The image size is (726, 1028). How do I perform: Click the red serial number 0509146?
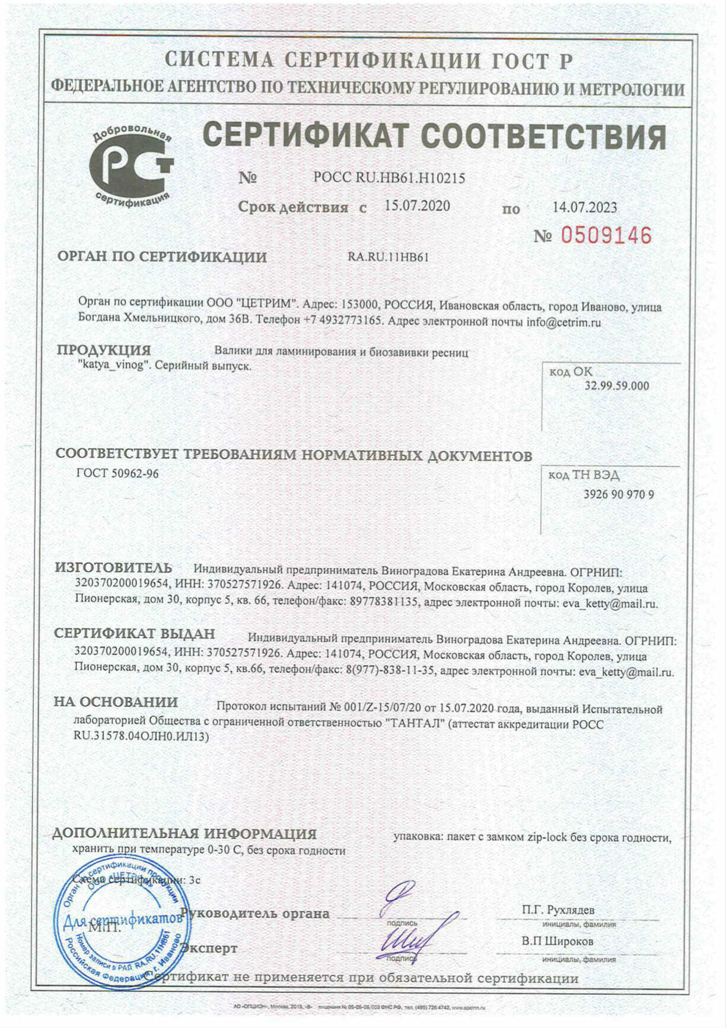pos(606,236)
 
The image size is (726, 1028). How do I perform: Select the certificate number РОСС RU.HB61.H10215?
pos(389,178)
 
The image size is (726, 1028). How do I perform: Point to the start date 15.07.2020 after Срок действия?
pos(417,206)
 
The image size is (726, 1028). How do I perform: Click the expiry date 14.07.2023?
pos(584,207)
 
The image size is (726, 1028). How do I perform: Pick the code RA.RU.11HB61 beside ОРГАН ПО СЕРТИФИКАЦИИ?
pos(388,257)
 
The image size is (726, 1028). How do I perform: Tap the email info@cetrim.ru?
pos(563,323)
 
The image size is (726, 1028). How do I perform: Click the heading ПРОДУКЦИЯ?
pos(104,350)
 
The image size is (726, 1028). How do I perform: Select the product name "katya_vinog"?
pos(111,365)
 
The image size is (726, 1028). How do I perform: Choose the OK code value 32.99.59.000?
pos(617,386)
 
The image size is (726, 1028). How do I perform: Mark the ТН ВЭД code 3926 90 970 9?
pos(619,494)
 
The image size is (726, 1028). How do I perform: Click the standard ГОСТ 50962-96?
pos(117,474)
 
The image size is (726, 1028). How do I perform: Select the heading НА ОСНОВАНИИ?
pos(116,702)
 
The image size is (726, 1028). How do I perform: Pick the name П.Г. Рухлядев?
pos(558,910)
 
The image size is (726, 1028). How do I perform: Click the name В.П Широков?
pos(558,941)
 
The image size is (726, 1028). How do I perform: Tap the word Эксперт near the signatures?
pos(209,949)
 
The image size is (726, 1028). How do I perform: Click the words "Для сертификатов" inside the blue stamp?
pos(122,921)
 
